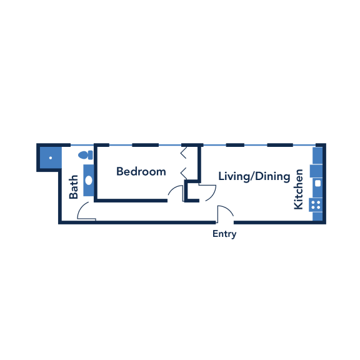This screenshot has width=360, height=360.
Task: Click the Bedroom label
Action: (141, 171)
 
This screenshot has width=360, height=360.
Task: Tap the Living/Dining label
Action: (254, 176)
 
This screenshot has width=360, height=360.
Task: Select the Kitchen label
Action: (299, 189)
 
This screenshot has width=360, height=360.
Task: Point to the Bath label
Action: (74, 187)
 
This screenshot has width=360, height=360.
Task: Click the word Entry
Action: (224, 234)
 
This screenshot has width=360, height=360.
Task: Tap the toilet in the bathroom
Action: (86, 155)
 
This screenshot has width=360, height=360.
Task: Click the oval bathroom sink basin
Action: (89, 180)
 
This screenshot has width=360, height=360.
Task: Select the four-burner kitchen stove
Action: (316, 205)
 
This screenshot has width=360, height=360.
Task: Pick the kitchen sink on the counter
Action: (317, 184)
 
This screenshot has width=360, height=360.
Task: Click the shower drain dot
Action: (51, 157)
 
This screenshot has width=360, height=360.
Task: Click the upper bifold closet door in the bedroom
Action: (183, 152)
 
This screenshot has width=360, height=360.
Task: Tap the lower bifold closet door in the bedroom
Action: (183, 174)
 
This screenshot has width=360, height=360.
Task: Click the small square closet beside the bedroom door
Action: (192, 191)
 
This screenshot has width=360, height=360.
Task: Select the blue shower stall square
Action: (51, 157)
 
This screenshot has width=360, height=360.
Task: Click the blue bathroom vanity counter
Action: (89, 180)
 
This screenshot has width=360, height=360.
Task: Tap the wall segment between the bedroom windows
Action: (146, 145)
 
